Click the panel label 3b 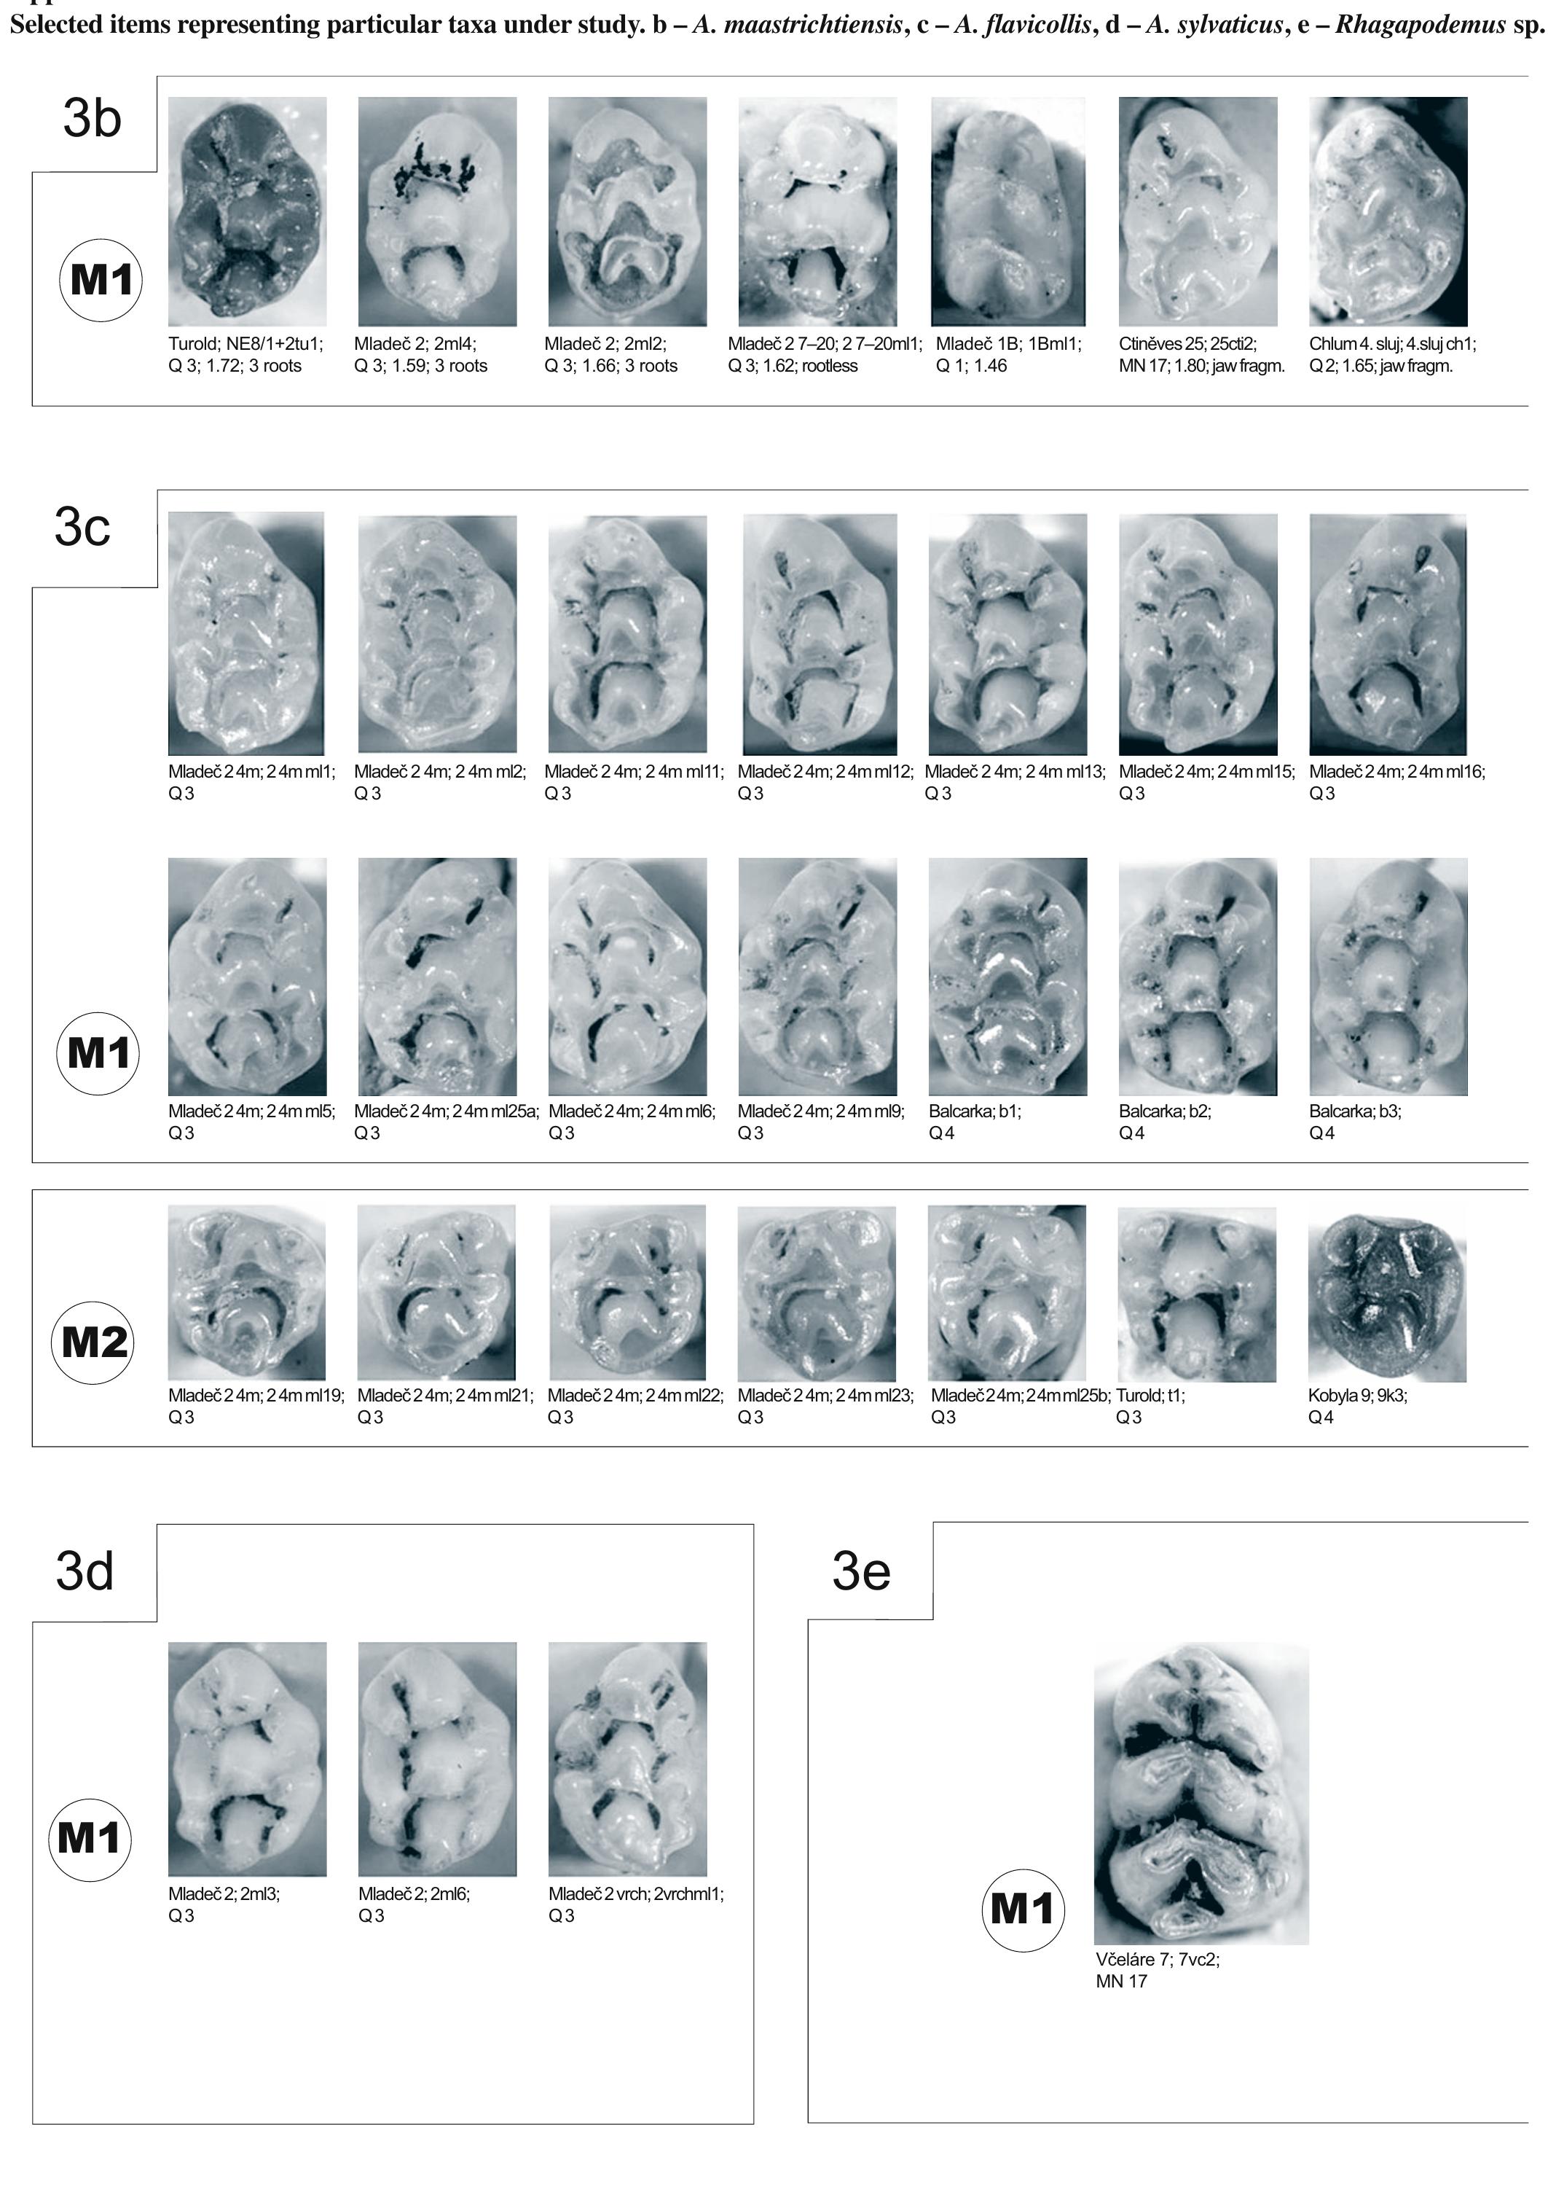(x=92, y=120)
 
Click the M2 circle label (x=93, y=1342)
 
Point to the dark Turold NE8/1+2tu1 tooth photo (x=246, y=211)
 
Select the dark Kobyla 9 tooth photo (x=1386, y=1293)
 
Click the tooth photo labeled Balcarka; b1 (x=1007, y=975)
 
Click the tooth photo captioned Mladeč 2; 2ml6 (x=436, y=1759)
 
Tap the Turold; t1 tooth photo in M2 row (x=1197, y=1293)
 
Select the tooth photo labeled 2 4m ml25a (x=436, y=975)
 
